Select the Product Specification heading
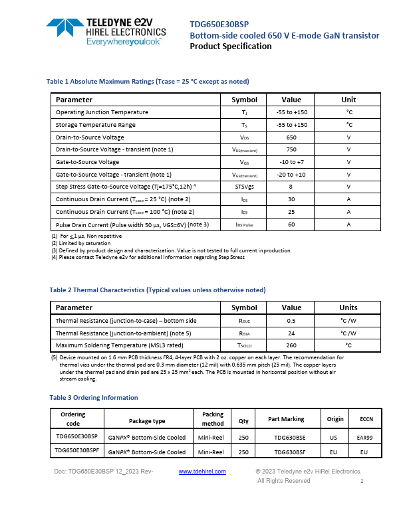(231, 46)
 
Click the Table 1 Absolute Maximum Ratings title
(148, 81)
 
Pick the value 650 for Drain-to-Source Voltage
(291, 137)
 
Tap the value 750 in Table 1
(291, 149)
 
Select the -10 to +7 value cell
(291, 162)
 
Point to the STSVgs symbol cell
(244, 187)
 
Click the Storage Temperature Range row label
(96, 125)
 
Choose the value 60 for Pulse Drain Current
(291, 224)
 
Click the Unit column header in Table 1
(348, 100)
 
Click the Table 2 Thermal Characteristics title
(158, 290)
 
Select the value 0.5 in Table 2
(291, 321)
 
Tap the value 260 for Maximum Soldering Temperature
(291, 345)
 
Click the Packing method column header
(213, 419)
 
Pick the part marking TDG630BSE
(286, 438)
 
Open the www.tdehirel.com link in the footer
(203, 472)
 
